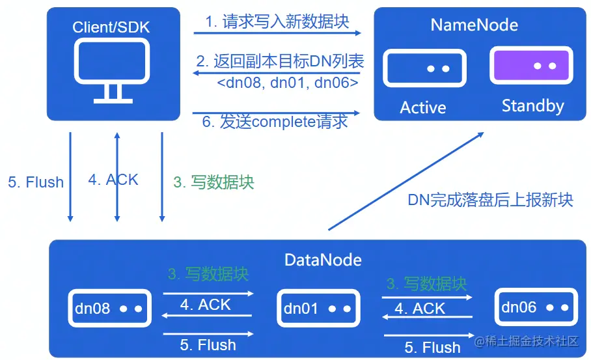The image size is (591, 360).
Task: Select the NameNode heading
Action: [x=474, y=25]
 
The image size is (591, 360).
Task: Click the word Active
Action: [x=423, y=107]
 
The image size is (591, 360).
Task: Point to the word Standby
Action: [x=532, y=106]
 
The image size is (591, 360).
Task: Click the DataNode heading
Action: [x=323, y=260]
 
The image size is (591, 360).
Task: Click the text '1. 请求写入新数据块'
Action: [x=277, y=21]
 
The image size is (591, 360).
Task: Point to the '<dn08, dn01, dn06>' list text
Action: [x=288, y=83]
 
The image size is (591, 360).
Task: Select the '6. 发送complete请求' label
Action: [x=275, y=122]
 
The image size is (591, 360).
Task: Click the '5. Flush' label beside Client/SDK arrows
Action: [x=36, y=182]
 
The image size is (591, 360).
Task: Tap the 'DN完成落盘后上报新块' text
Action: [x=491, y=200]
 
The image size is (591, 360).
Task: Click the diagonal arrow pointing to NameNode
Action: [x=406, y=180]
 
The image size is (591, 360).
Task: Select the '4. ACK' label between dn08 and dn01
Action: [x=205, y=305]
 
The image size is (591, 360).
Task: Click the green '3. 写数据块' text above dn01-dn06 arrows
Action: [x=426, y=284]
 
